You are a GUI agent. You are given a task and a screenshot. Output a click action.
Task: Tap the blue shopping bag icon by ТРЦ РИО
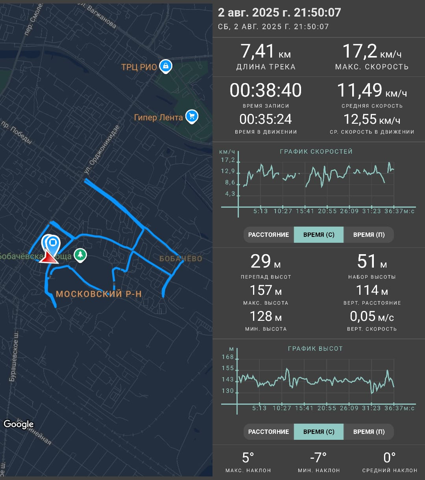point(166,66)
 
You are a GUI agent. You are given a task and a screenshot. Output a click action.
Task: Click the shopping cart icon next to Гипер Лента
point(192,116)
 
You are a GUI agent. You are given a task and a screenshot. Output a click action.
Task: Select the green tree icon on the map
point(80,255)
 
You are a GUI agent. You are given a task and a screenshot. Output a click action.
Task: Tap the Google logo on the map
point(18,424)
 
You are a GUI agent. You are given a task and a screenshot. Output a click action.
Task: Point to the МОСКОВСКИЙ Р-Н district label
point(99,294)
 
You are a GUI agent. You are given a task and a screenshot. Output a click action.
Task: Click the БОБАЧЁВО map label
point(181,259)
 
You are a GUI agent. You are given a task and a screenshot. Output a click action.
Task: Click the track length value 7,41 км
point(266,51)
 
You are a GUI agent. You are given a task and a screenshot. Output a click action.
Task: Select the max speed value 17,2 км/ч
point(372,51)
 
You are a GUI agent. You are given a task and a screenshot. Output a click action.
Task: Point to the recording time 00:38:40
point(266,90)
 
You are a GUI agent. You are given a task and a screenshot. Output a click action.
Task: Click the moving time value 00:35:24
point(266,119)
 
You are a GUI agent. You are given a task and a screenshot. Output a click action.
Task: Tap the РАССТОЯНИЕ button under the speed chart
point(269,234)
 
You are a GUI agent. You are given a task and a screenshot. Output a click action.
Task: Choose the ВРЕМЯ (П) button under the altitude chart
point(369,432)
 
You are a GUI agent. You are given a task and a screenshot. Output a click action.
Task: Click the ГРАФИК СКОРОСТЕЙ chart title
point(316,151)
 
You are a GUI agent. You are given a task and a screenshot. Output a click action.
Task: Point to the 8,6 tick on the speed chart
point(230,182)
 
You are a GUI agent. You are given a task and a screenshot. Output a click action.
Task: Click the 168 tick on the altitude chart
point(227,357)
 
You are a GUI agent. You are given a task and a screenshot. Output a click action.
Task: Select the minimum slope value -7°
point(318,458)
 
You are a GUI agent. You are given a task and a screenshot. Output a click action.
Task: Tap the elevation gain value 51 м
point(372,261)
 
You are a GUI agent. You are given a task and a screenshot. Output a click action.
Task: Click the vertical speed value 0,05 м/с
point(372,316)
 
